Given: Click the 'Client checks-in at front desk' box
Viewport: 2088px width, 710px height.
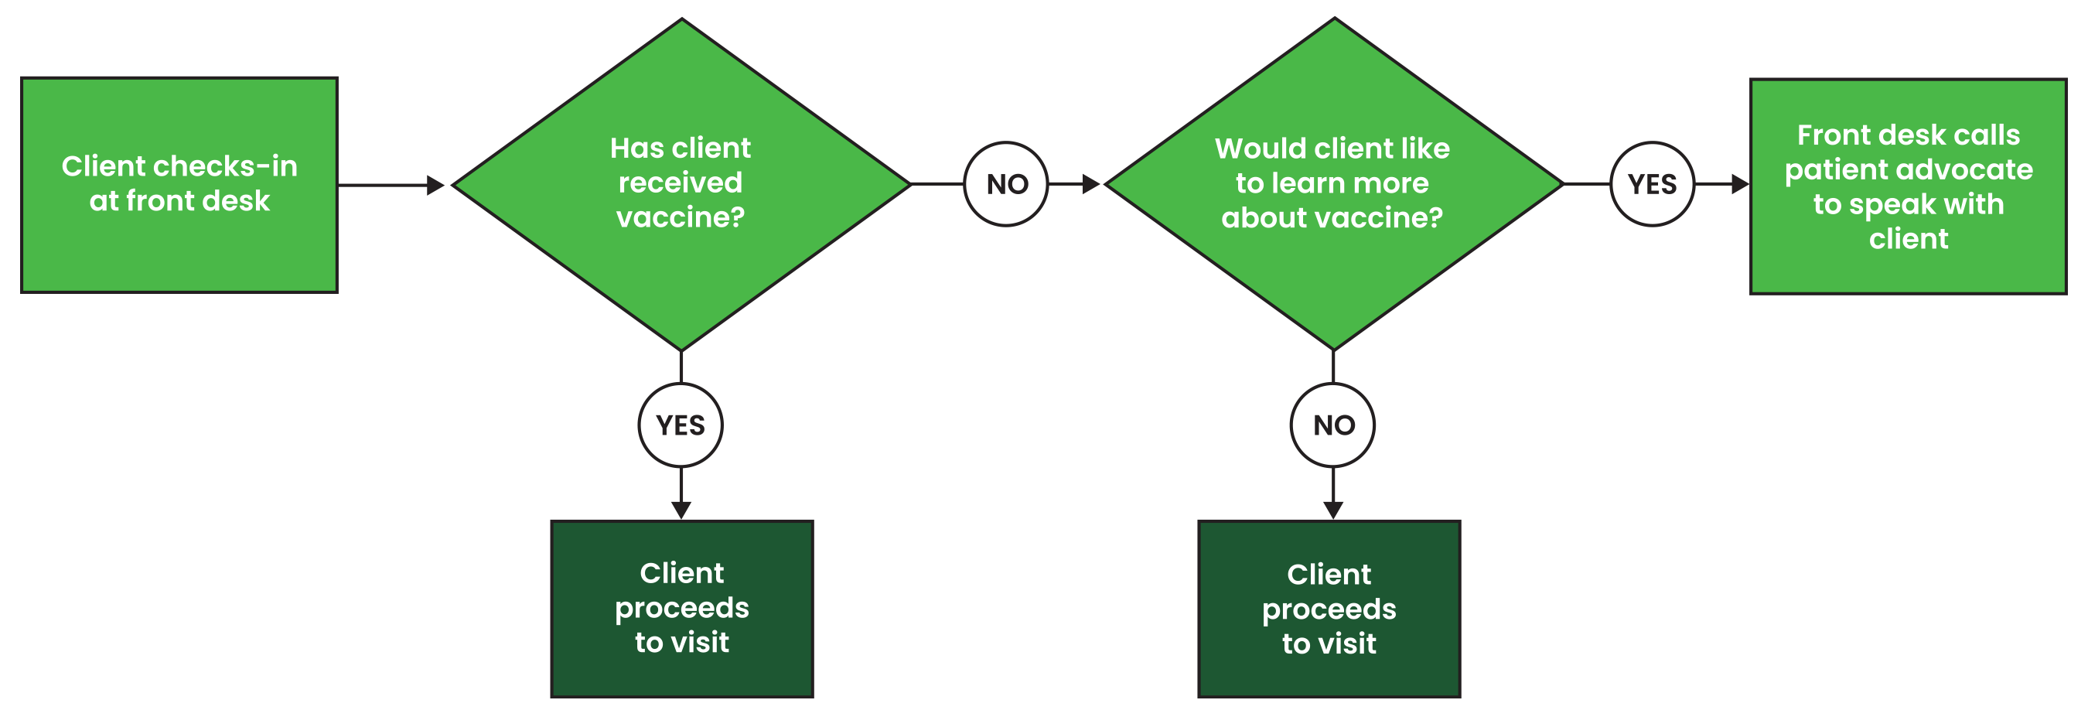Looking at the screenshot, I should [x=179, y=185].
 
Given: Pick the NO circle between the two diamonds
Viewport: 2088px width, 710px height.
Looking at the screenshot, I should [x=1007, y=184].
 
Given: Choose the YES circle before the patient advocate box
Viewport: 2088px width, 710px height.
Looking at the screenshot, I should [x=1652, y=184].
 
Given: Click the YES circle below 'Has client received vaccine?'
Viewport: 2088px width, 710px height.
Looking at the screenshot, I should [x=680, y=425].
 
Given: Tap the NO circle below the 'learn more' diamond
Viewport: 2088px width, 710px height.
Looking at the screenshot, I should [x=1333, y=425].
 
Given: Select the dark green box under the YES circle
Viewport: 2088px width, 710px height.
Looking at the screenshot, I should [x=681, y=608].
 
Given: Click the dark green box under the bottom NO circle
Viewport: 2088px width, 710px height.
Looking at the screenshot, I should [x=1329, y=609].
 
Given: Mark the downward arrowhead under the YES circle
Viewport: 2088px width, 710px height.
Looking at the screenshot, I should [x=681, y=509].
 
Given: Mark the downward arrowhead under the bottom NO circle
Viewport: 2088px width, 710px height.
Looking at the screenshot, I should [x=1333, y=509].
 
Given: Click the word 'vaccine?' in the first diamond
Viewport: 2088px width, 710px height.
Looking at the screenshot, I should [x=680, y=217].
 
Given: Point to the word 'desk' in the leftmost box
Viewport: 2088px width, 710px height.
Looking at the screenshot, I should [x=237, y=200].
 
